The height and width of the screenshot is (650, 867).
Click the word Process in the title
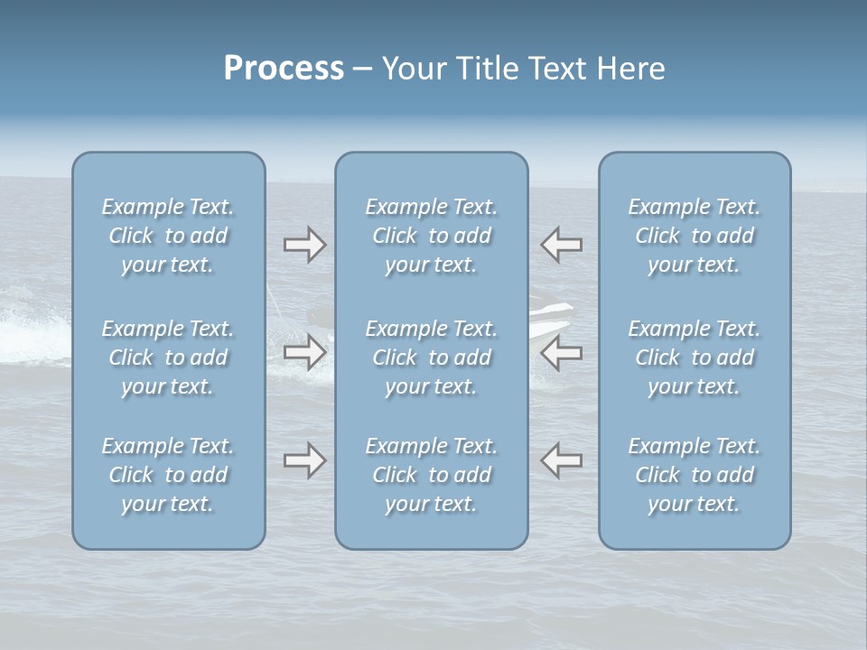[284, 69]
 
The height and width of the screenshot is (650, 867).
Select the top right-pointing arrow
[305, 245]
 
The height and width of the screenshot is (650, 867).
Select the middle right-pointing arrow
[305, 352]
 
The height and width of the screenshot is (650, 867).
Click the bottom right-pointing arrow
[305, 460]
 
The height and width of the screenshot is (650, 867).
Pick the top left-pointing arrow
[561, 245]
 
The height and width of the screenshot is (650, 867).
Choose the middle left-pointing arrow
[561, 352]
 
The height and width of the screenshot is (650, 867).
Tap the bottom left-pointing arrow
[561, 460]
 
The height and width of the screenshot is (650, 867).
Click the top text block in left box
[168, 236]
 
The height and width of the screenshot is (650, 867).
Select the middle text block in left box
[168, 357]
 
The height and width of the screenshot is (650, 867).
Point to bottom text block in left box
[168, 475]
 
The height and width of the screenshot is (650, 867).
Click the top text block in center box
[431, 236]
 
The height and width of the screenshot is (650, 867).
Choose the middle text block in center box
[431, 357]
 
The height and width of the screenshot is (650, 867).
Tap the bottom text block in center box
[431, 475]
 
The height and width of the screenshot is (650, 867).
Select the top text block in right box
[694, 236]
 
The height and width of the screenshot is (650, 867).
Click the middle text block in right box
[694, 357]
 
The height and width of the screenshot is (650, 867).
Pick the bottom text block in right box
[694, 475]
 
